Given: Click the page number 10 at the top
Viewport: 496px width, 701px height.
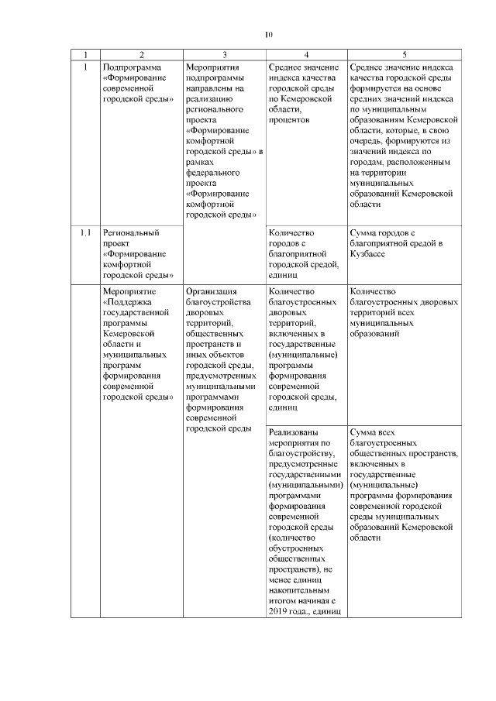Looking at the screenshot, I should tap(269, 34).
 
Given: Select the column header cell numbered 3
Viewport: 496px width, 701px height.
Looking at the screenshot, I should tap(224, 54).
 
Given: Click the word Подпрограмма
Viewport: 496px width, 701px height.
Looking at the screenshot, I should tap(131, 68).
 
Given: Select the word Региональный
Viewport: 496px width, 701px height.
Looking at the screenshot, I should tap(131, 232).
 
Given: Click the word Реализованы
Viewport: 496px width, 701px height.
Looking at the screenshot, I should tap(293, 432).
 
